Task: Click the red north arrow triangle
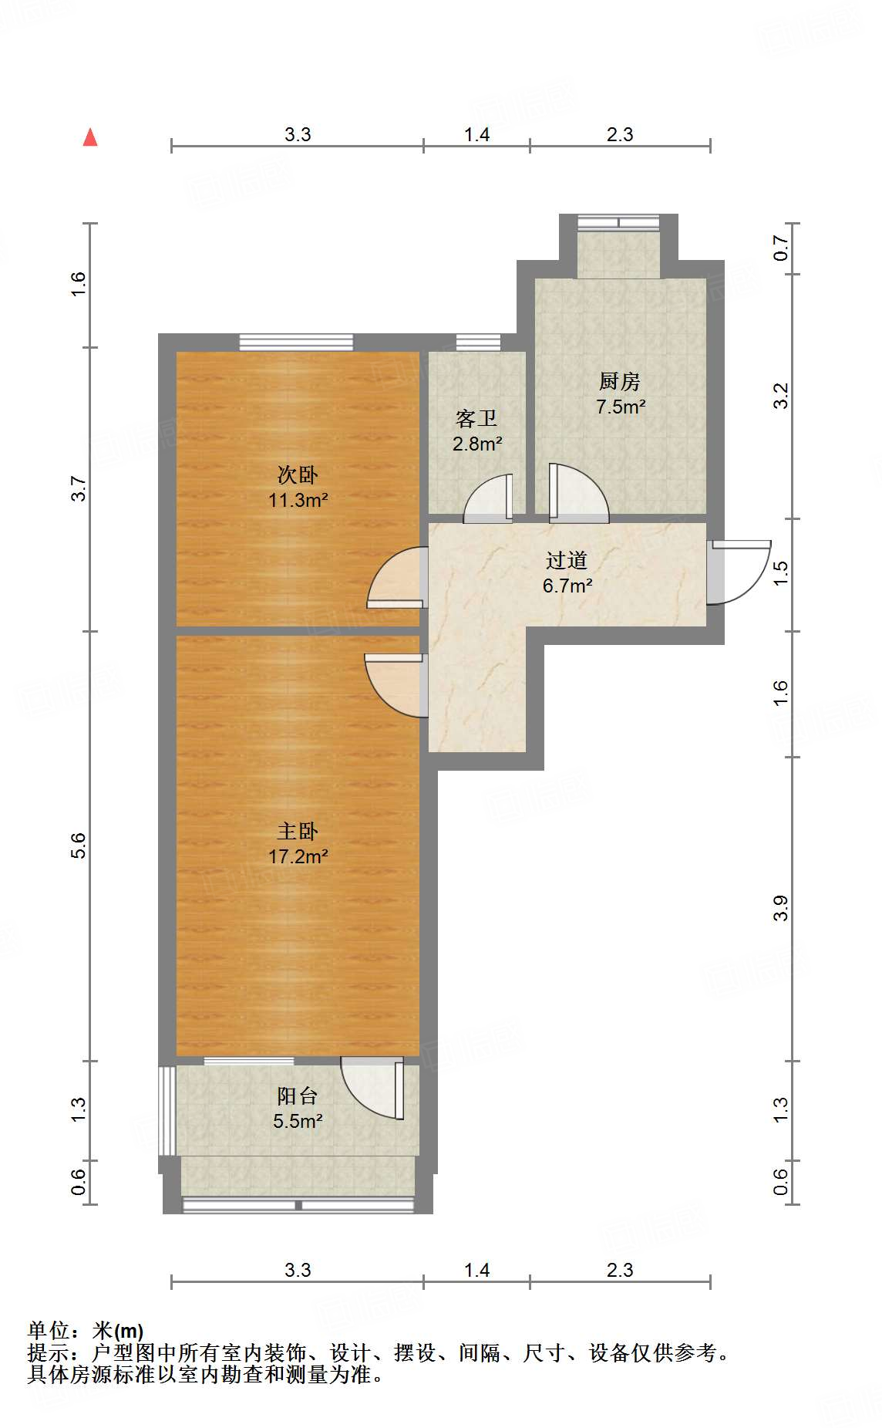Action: (90, 137)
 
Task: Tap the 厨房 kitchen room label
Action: (619, 381)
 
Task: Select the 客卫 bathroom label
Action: (476, 419)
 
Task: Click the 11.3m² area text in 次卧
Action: (298, 500)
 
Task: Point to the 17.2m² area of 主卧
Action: (298, 856)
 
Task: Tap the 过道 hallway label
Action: (567, 561)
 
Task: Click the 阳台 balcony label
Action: (297, 1095)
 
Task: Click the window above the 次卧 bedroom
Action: (295, 342)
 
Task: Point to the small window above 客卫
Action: (478, 342)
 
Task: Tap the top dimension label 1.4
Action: (476, 134)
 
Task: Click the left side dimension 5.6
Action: (78, 846)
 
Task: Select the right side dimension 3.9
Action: (780, 908)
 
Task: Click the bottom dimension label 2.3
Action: (619, 1270)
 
